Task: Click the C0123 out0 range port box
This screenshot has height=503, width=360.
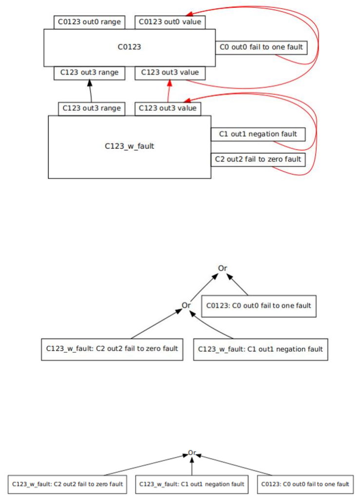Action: [x=89, y=22]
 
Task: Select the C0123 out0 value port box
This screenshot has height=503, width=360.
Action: [x=170, y=22]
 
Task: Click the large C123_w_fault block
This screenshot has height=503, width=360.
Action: [x=129, y=146]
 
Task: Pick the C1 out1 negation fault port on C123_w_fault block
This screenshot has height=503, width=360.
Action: [x=259, y=134]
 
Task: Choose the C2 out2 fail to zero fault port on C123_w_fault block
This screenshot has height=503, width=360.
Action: [x=258, y=160]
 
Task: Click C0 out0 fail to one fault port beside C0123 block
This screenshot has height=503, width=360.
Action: [x=261, y=47]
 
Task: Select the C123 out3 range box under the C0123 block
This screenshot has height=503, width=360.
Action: [x=89, y=73]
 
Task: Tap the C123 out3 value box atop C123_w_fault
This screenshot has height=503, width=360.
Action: [x=168, y=109]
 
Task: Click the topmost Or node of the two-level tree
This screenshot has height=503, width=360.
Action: [x=222, y=268]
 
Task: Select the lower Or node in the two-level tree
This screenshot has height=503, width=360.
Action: [x=186, y=305]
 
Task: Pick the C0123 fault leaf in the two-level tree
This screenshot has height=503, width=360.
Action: [x=259, y=306]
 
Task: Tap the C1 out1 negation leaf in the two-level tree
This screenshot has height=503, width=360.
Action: [x=260, y=349]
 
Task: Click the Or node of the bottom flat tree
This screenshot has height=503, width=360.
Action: [x=192, y=453]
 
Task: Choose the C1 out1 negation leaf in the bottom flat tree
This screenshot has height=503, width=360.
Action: [x=191, y=484]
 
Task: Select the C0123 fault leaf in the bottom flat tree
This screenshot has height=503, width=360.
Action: [x=305, y=484]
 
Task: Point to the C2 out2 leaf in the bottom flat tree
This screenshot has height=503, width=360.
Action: [x=67, y=484]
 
